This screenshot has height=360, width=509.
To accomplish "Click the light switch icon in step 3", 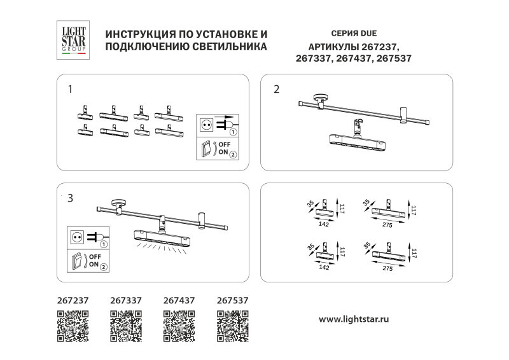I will [77, 261].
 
